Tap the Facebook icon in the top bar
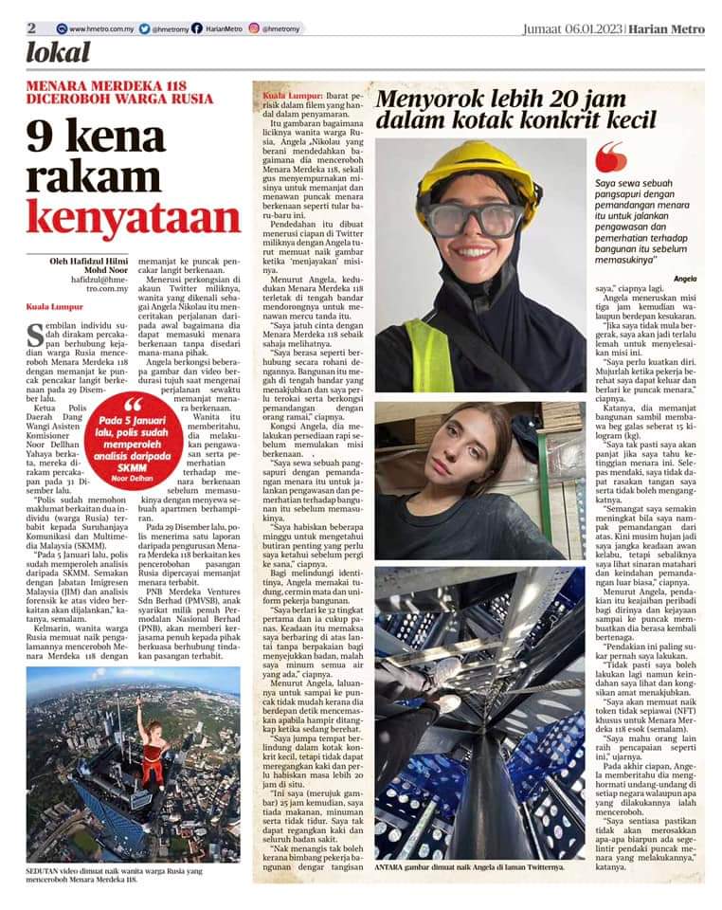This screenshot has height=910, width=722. click(196, 28)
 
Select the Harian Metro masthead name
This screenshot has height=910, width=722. click(671, 28)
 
